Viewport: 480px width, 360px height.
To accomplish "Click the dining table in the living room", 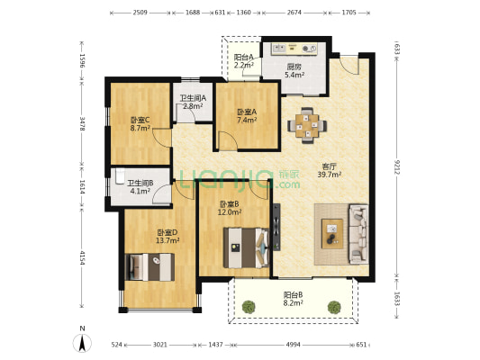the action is [307, 125].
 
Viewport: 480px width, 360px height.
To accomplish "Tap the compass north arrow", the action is [82, 343].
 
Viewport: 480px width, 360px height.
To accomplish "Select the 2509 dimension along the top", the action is [140, 13].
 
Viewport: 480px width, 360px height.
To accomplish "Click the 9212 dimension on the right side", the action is [397, 167].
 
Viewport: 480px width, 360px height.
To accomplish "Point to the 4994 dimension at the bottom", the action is [294, 345].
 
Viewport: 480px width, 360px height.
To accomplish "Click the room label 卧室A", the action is [247, 112].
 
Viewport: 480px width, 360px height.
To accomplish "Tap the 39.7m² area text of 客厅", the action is [330, 175].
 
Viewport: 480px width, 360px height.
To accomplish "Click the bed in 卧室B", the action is [246, 247].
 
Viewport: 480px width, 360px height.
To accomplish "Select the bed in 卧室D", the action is [150, 267].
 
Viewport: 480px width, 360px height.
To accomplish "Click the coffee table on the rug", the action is [332, 234].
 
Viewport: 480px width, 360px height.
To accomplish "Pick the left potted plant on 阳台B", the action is [249, 307].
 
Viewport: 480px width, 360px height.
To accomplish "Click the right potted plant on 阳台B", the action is [334, 307].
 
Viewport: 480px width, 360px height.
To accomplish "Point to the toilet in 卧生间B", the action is [120, 176].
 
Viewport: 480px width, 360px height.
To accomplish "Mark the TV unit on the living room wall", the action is [276, 227].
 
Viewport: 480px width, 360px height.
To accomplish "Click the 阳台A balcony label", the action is [244, 58].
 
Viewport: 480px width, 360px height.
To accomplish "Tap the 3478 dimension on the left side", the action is [82, 123].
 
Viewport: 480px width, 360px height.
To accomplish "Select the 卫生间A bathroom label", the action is [193, 98].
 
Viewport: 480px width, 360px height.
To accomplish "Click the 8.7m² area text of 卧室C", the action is [140, 128].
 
